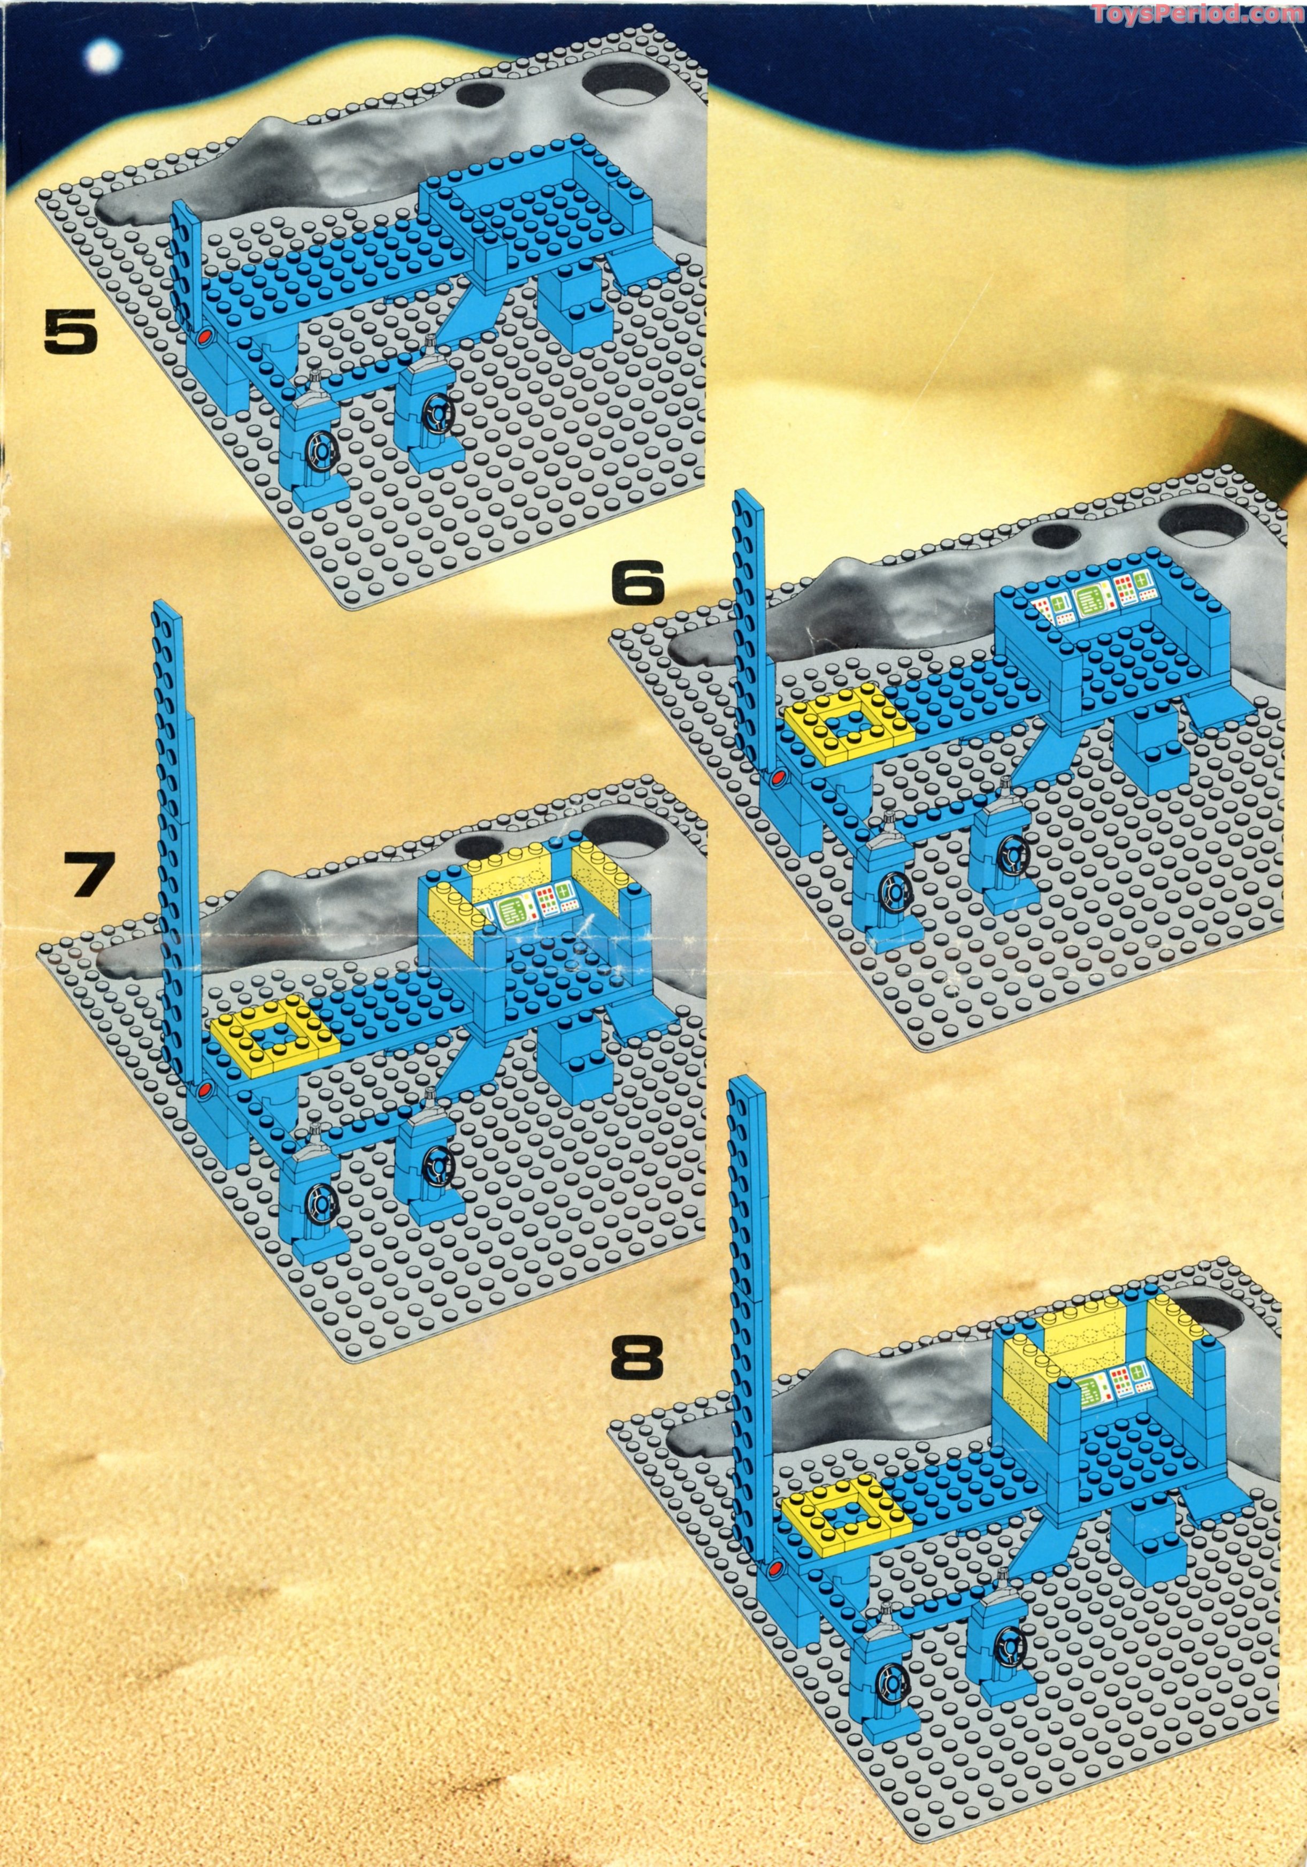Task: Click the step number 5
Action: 70,334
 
